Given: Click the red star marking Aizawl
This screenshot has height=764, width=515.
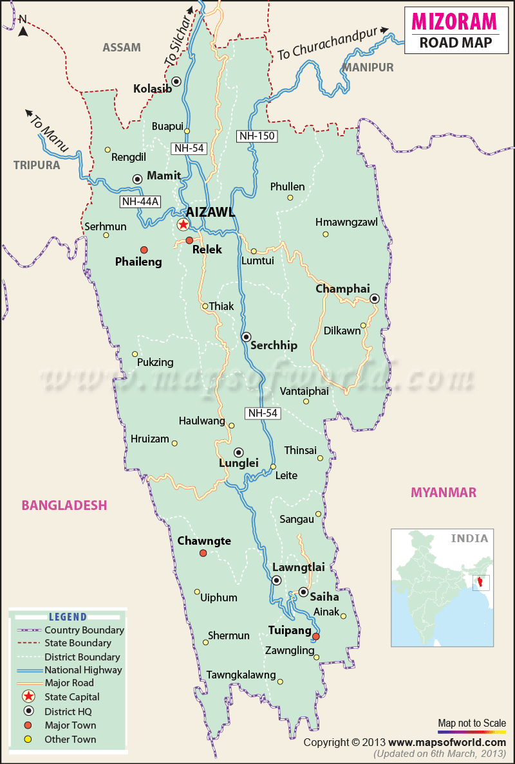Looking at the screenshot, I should (x=183, y=224).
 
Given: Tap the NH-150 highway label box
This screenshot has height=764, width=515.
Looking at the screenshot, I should (x=256, y=136).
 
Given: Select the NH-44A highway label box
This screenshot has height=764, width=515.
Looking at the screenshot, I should (x=140, y=202).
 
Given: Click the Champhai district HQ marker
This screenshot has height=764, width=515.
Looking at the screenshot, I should (x=374, y=298).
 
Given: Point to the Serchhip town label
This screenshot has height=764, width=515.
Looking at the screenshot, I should (x=274, y=345).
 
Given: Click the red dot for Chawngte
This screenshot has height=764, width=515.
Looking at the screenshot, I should (x=203, y=553).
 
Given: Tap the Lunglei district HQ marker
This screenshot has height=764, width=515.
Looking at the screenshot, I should (x=238, y=452).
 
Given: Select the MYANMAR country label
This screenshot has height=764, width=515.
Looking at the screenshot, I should (x=444, y=493).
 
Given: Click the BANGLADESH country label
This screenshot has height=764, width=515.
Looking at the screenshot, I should (x=64, y=505).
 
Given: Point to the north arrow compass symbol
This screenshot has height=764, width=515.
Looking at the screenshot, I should (x=23, y=26).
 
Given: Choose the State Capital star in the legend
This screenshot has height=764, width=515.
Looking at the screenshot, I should (x=28, y=696).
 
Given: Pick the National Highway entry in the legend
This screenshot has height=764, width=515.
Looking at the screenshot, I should (x=82, y=669).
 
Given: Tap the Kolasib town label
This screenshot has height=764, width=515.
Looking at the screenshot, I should (x=153, y=89).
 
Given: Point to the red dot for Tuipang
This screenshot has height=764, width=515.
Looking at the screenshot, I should (x=316, y=637).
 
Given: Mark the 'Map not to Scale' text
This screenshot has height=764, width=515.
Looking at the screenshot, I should (x=471, y=723).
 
